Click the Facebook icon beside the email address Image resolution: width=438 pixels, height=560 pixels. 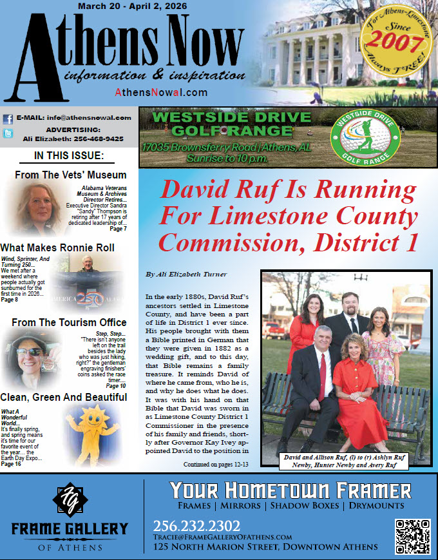click(x=8, y=119)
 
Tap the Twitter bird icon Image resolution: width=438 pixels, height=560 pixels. click(x=8, y=134)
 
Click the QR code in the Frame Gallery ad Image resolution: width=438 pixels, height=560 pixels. click(x=412, y=536)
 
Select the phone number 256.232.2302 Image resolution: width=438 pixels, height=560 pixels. click(x=196, y=526)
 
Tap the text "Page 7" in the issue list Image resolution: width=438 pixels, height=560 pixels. click(x=117, y=229)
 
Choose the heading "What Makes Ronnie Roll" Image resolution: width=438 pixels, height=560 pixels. click(x=57, y=247)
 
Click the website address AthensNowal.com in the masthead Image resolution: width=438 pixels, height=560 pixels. click(x=161, y=92)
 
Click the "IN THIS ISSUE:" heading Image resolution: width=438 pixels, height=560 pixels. click(x=68, y=156)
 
